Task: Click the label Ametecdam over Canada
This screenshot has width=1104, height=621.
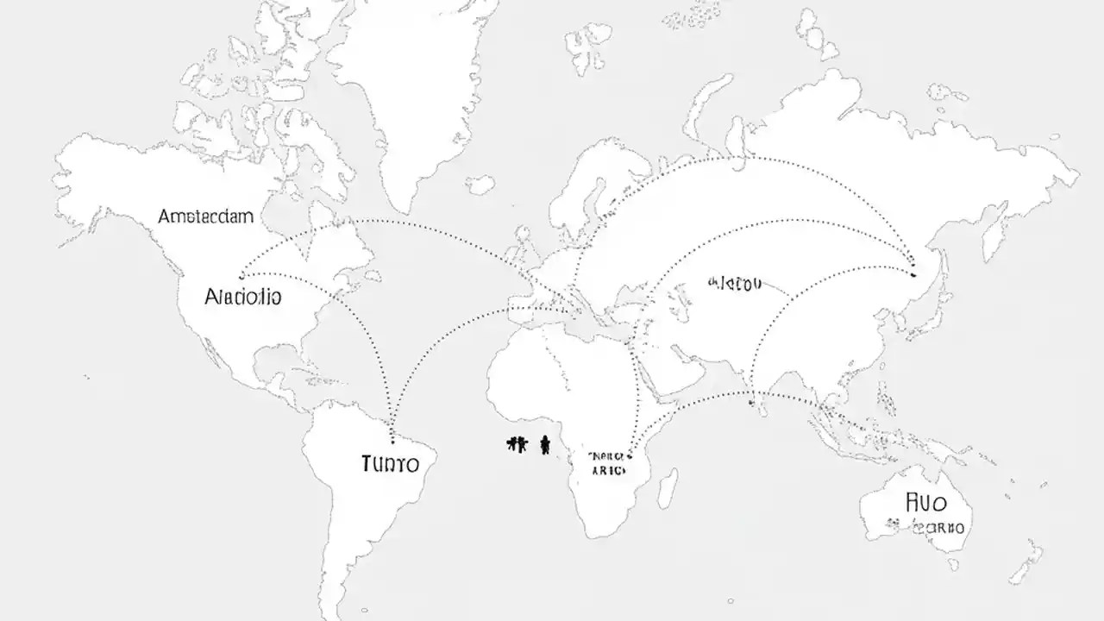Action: (206, 216)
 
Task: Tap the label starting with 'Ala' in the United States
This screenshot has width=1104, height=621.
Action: (242, 298)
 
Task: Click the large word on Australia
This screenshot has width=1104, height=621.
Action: (927, 502)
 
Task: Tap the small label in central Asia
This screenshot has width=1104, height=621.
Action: (735, 283)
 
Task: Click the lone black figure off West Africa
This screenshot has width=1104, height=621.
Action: (545, 444)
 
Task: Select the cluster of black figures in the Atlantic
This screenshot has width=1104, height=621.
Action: (517, 444)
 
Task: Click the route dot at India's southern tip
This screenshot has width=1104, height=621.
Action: (752, 402)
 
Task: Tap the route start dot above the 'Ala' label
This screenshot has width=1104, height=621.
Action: (241, 268)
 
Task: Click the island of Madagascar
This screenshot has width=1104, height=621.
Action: (667, 487)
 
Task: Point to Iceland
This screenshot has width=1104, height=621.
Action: (480, 184)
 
